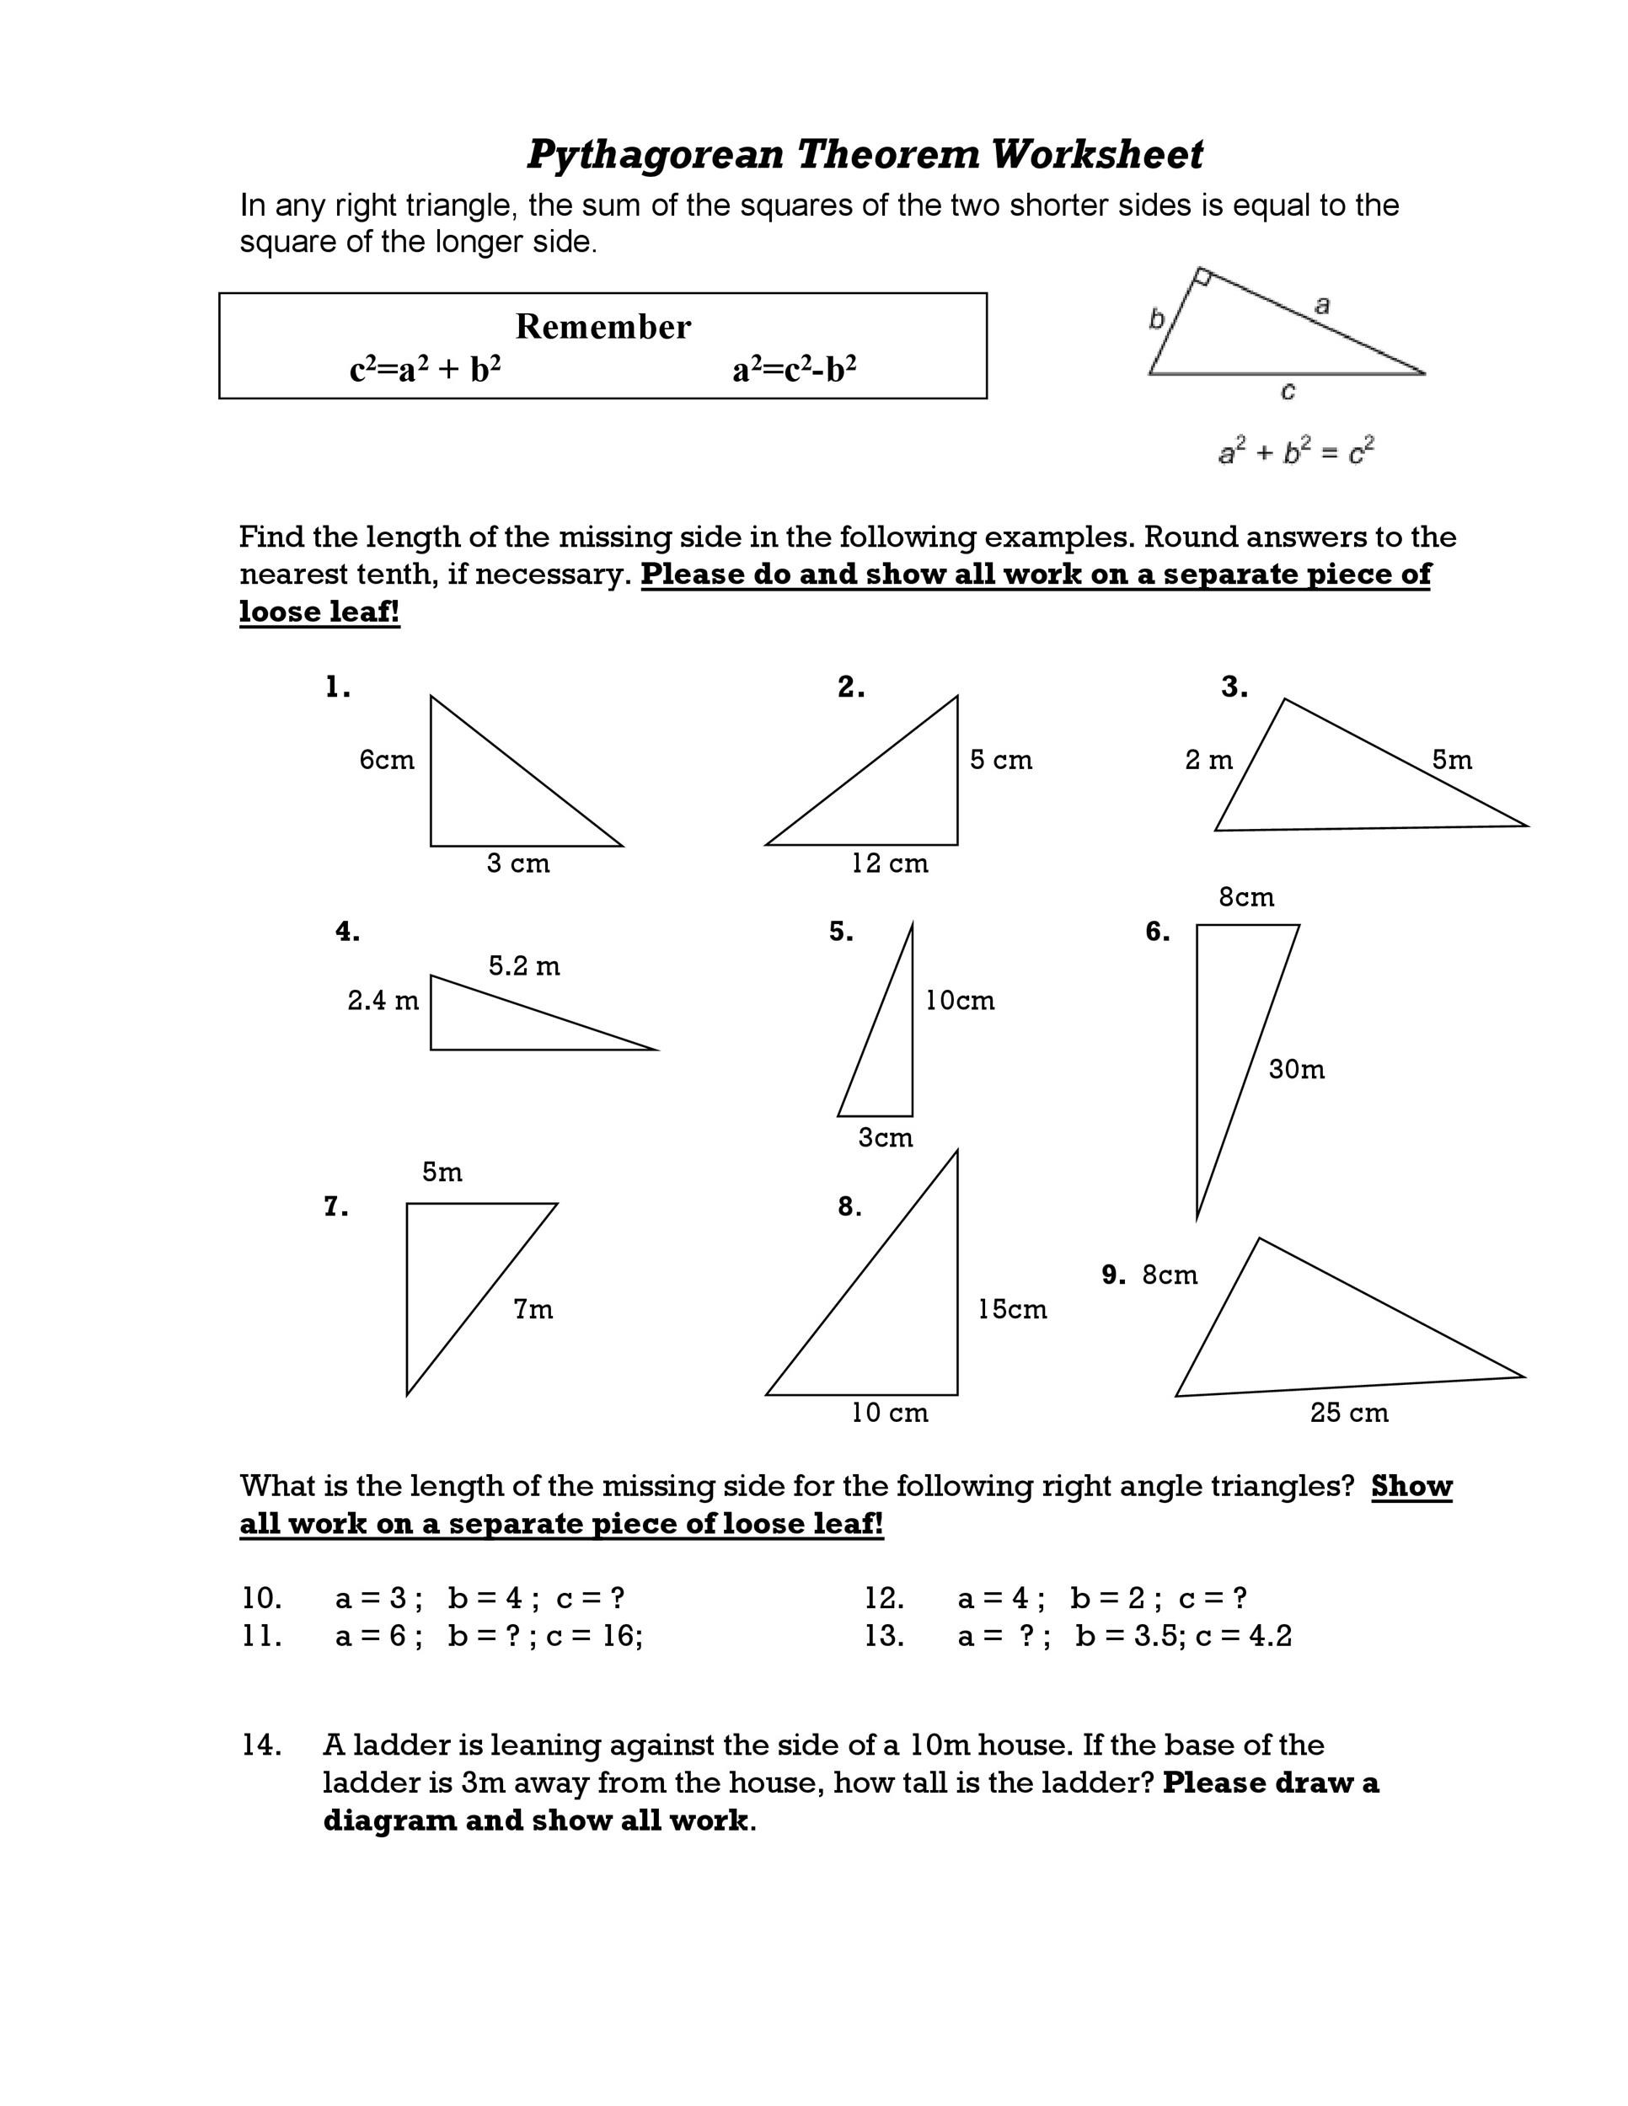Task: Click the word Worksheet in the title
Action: coord(1096,154)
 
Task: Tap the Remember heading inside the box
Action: coord(602,327)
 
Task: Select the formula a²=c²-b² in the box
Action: coord(795,369)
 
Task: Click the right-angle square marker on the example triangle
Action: coord(1202,278)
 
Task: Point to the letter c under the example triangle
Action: coord(1288,391)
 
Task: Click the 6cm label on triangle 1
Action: coord(387,760)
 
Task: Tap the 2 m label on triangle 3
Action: coord(1208,760)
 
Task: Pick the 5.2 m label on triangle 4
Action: coord(523,965)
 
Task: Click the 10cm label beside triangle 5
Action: coord(960,1000)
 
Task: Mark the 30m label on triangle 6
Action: coord(1296,1068)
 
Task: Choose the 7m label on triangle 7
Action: coord(533,1308)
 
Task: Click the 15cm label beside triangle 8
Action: coord(1012,1308)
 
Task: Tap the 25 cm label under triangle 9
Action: coord(1348,1413)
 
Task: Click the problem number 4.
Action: coord(347,932)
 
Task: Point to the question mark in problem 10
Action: coord(618,1598)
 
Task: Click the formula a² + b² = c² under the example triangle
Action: coord(1295,452)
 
